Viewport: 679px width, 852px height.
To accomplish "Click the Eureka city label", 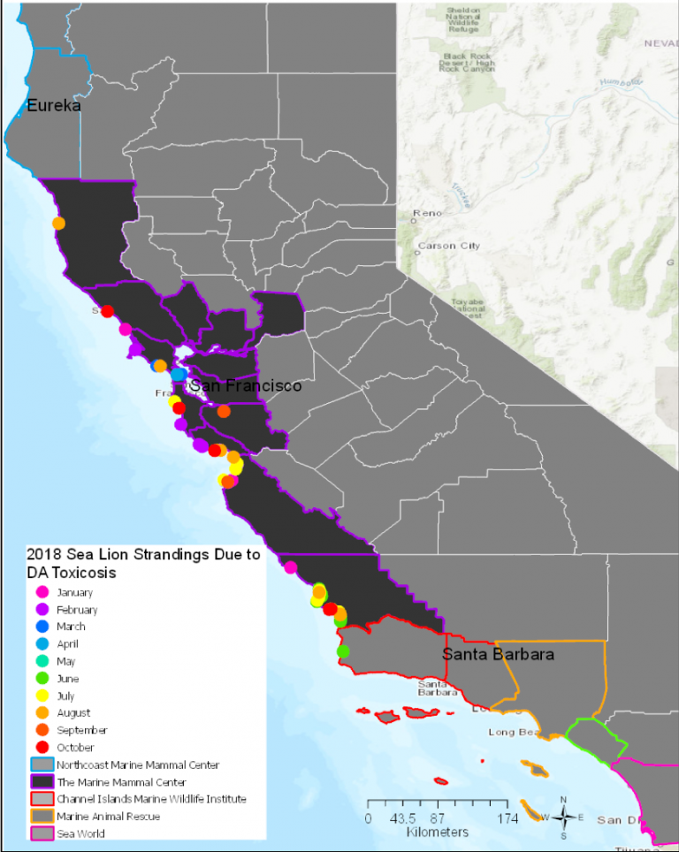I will click(54, 106).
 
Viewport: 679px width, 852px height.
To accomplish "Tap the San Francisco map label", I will click(245, 386).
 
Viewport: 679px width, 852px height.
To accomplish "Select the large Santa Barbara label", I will click(498, 655).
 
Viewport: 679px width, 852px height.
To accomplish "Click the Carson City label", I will click(448, 246).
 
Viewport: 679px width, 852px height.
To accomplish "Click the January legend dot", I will click(41, 593).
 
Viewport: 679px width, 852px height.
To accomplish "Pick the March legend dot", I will click(41, 627).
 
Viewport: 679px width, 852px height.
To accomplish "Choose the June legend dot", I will click(41, 679).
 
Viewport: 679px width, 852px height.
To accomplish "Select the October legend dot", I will click(41, 748).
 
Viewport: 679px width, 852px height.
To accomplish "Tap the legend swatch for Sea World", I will click(41, 833).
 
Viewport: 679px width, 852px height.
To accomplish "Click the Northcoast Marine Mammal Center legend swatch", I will click(41, 765).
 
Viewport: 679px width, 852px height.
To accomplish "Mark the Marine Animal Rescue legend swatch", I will click(41, 817).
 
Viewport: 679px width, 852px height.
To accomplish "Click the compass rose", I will click(563, 817).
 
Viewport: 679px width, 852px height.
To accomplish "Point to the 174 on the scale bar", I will click(507, 818).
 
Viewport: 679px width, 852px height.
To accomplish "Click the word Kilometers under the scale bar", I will click(438, 833).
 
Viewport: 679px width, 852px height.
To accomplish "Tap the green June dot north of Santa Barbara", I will click(343, 651).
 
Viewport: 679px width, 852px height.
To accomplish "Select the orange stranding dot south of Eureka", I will click(58, 224).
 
